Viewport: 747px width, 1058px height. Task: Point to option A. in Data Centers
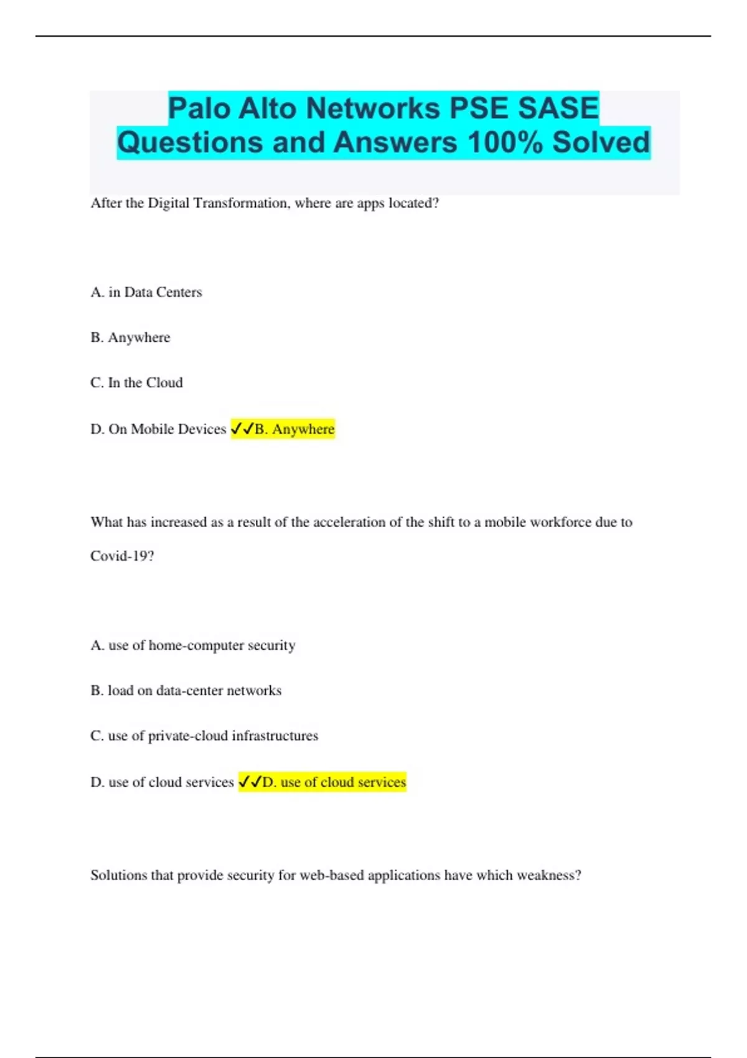click(x=146, y=292)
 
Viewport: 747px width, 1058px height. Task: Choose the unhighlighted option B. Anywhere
click(x=130, y=337)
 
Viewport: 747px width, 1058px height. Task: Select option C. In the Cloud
click(x=136, y=383)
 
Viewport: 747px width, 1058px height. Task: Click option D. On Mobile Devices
click(x=158, y=429)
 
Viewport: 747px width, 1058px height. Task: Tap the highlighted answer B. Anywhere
click(x=294, y=429)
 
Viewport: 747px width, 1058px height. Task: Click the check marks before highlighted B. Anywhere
click(x=242, y=429)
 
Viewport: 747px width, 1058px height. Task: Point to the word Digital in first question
click(x=169, y=204)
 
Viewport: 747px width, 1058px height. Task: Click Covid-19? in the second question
click(x=122, y=556)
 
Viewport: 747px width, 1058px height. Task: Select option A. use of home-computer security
click(x=193, y=645)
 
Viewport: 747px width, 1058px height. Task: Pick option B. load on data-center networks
click(x=186, y=691)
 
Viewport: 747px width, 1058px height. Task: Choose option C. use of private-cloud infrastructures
click(x=204, y=736)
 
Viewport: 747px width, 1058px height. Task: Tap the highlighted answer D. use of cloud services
click(x=334, y=782)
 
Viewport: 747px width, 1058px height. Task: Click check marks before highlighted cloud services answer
click(x=250, y=782)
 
